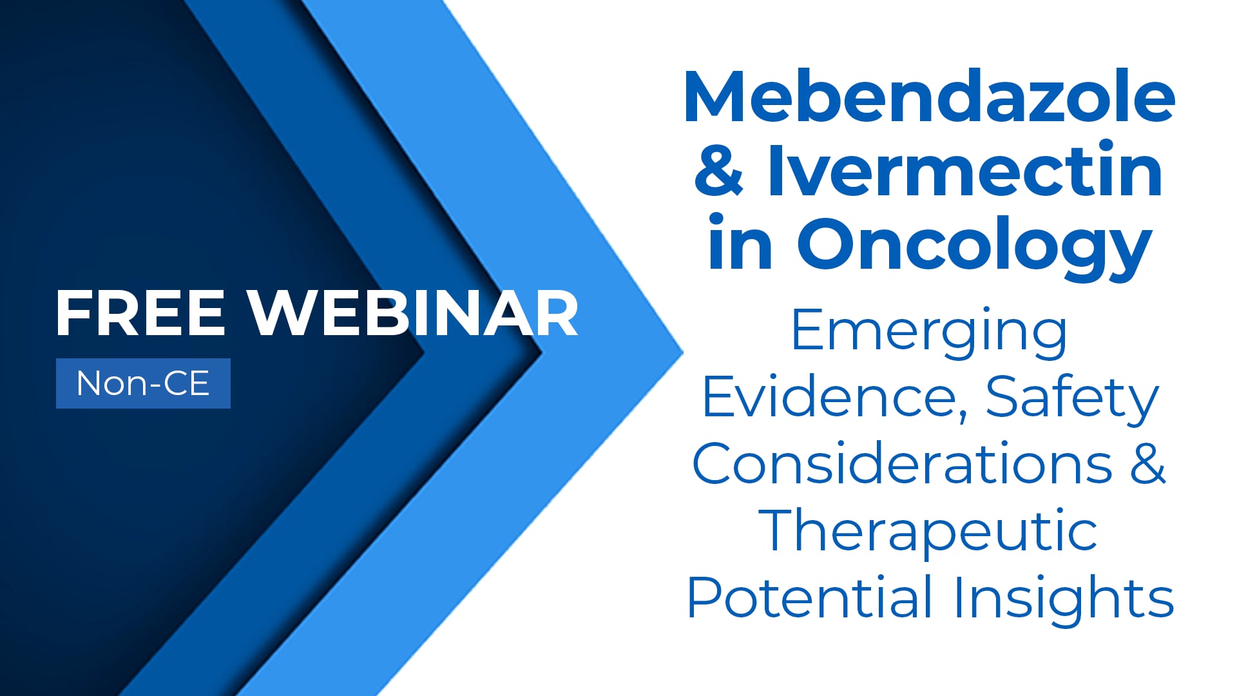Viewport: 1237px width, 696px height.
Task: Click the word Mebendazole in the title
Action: [x=929, y=98]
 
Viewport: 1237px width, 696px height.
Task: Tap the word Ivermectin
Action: [x=964, y=171]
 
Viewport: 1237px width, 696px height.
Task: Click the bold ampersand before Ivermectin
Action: [x=719, y=171]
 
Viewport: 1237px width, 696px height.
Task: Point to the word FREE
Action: [x=140, y=314]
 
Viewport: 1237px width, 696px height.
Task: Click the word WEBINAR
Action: [x=414, y=314]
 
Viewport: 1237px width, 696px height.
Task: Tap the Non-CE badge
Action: [x=143, y=383]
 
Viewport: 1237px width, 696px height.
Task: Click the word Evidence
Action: [x=829, y=398]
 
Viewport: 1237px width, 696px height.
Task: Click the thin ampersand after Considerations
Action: [x=1147, y=465]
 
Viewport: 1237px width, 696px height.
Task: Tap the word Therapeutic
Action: [x=928, y=532]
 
